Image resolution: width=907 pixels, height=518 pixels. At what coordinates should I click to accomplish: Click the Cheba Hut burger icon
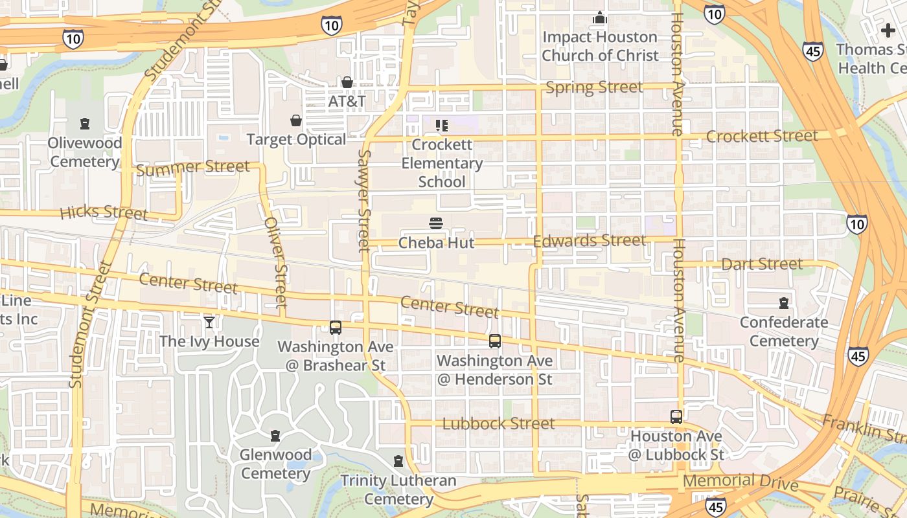436,223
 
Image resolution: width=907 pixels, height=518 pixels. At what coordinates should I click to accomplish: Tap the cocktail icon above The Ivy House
209,322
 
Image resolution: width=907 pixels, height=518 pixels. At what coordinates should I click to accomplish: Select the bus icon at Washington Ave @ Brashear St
335,328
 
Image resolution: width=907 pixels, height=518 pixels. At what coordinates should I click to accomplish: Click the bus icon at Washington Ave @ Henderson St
495,341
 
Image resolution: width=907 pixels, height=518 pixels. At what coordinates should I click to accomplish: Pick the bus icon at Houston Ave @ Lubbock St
676,417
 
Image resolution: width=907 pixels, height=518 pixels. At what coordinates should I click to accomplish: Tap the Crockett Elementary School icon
442,125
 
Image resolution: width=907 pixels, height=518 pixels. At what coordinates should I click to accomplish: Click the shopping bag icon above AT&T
347,82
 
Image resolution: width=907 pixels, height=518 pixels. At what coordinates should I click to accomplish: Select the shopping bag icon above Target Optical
296,120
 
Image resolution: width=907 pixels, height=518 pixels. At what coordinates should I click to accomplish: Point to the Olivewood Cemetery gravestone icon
85,123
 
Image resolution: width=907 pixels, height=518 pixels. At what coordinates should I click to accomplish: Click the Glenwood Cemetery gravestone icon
275,435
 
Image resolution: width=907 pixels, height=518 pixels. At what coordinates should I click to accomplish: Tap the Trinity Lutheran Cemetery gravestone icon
398,461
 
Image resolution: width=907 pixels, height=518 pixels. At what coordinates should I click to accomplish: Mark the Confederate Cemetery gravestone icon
784,302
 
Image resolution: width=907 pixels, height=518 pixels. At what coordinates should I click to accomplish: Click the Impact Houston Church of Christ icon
600,17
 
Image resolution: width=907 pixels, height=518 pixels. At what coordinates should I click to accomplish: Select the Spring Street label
594,87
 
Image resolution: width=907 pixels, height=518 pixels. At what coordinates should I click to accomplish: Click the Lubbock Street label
498,424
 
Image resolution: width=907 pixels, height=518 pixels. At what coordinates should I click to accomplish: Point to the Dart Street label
761,264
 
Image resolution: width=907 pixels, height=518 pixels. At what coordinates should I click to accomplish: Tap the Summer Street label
192,168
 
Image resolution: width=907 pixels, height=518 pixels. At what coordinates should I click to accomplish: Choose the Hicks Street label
104,212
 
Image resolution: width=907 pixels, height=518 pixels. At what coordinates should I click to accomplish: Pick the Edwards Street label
589,241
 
